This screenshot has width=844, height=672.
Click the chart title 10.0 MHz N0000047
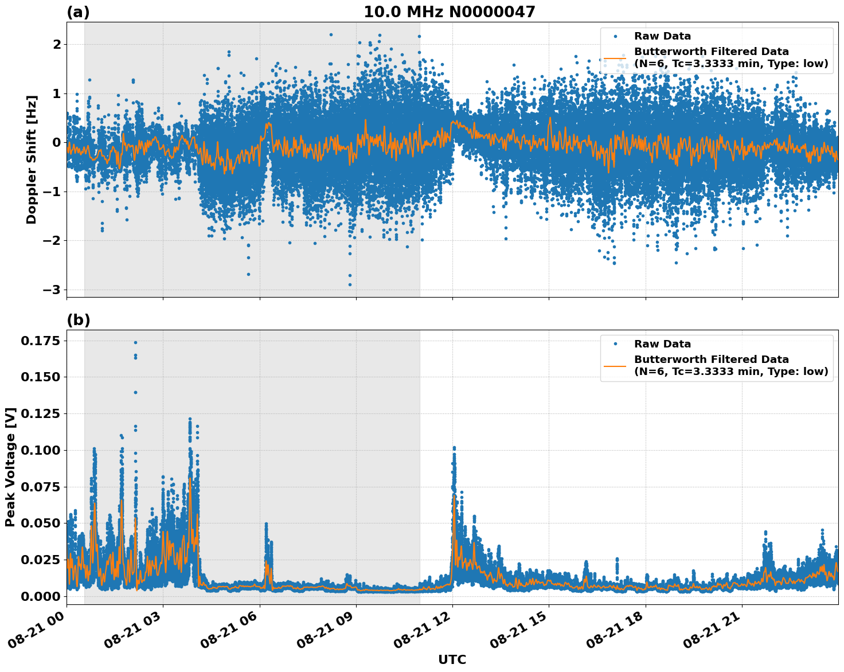coord(449,12)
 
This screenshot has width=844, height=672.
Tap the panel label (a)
coord(78,12)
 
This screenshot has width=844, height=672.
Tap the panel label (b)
coord(78,320)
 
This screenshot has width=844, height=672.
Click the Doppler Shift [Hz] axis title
coord(32,159)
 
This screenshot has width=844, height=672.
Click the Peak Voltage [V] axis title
coord(10,467)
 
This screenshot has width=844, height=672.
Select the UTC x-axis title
coord(452,659)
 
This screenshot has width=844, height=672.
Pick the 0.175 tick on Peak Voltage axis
coord(40,341)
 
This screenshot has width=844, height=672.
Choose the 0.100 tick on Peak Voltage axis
coord(40,450)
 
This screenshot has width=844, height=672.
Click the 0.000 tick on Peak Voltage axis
coord(40,596)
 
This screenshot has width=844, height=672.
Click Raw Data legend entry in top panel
coord(662,36)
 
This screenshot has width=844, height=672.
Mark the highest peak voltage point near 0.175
coord(135,342)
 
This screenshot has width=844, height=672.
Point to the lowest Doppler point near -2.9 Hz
coord(350,284)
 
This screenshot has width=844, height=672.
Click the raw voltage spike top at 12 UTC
coord(454,447)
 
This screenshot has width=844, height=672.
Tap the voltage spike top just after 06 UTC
coord(266,523)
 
